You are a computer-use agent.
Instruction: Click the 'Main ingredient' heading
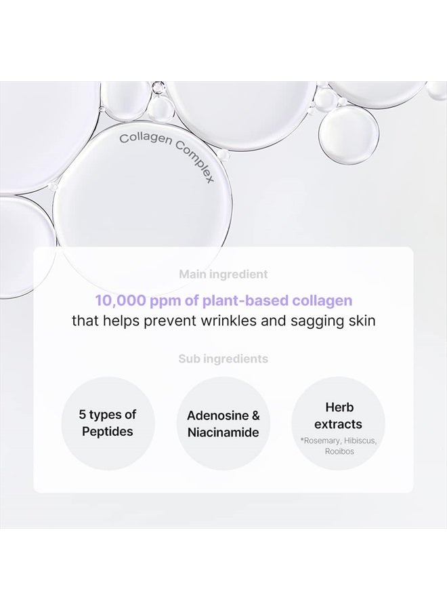(x=223, y=274)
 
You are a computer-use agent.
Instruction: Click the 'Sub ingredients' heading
(x=223, y=359)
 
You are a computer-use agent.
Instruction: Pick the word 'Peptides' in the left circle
(x=107, y=432)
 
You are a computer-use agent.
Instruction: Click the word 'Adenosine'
(x=217, y=415)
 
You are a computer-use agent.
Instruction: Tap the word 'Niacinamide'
(x=223, y=432)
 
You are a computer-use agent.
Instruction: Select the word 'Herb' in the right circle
(x=339, y=407)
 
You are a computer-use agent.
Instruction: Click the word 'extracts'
(x=338, y=424)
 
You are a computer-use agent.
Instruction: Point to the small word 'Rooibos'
(x=339, y=451)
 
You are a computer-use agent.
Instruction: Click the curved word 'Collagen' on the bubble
(x=146, y=140)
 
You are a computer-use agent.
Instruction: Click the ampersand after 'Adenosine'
(x=255, y=415)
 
